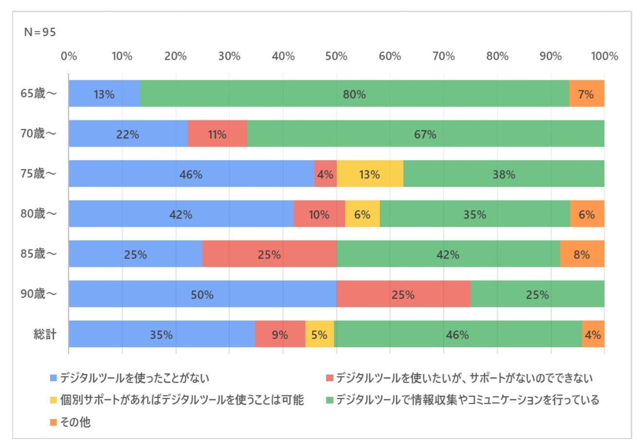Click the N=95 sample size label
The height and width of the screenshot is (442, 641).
click(40, 33)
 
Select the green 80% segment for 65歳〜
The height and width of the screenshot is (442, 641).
click(354, 94)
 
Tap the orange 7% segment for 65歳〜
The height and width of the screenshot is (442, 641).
click(586, 94)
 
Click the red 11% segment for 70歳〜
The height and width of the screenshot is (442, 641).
click(217, 134)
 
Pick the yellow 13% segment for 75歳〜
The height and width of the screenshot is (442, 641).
click(369, 174)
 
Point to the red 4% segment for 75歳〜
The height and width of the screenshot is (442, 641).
click(325, 174)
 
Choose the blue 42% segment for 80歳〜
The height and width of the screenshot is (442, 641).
click(181, 214)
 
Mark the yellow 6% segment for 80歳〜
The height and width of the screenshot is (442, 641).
click(362, 214)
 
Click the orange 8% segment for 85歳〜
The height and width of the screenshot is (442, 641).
click(582, 254)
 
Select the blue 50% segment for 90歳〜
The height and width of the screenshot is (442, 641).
click(202, 294)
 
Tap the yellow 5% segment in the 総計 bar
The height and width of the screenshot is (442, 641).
click(319, 334)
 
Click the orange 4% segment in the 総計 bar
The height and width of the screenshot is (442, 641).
click(593, 334)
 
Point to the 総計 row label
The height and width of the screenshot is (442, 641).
click(45, 334)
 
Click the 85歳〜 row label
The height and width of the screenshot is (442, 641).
click(39, 254)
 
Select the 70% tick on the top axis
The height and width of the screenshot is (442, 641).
click(443, 56)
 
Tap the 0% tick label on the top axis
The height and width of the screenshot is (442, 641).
click(69, 56)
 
